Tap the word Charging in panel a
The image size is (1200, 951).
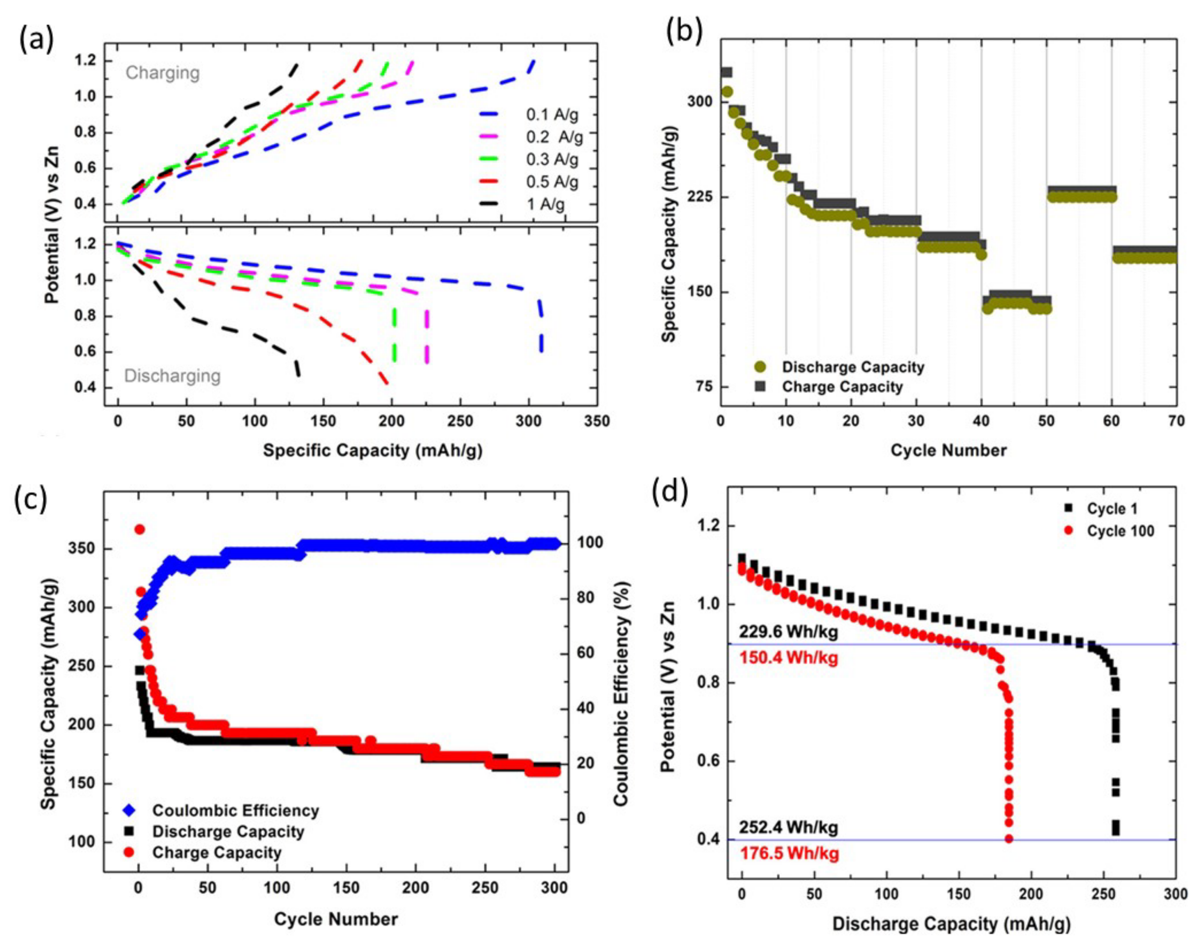click(163, 73)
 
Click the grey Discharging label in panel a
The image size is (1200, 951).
click(172, 376)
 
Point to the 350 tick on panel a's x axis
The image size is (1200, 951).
click(597, 422)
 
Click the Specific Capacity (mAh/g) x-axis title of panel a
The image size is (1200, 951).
click(372, 450)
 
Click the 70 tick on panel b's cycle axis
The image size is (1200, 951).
click(1176, 422)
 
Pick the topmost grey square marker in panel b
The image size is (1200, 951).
click(726, 72)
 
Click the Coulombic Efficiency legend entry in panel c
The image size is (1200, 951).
click(235, 811)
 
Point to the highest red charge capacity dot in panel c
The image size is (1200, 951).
click(140, 529)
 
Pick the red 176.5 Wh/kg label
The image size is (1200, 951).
click(789, 854)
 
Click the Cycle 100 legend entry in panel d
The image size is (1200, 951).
click(1120, 531)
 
